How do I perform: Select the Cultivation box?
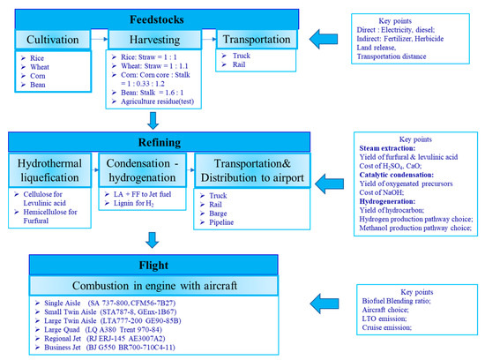[53, 41]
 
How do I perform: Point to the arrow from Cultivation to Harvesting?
[101, 41]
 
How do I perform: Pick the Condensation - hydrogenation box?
[146, 171]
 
